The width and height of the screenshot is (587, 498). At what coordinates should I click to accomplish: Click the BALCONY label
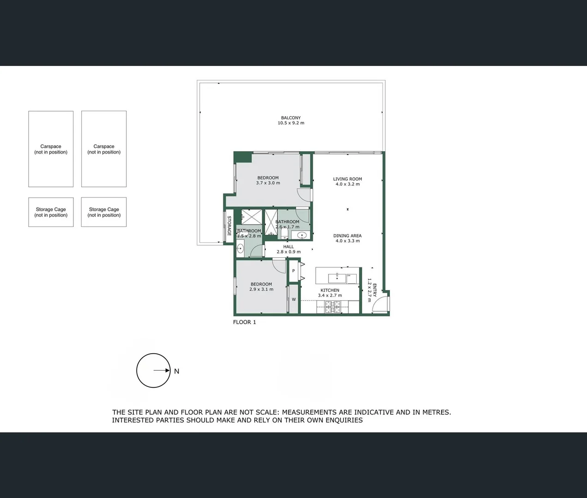click(x=291, y=118)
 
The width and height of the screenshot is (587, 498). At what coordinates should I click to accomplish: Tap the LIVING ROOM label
click(x=347, y=179)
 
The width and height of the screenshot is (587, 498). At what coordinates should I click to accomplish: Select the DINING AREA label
click(x=347, y=236)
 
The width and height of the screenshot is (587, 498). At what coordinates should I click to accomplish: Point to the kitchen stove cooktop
click(x=333, y=307)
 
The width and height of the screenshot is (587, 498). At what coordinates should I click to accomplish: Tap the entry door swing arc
click(x=379, y=304)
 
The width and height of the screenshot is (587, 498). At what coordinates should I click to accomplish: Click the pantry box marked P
click(x=293, y=271)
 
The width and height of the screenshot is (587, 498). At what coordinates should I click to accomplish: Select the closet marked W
click(x=293, y=300)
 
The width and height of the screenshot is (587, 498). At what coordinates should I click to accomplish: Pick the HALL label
click(x=288, y=247)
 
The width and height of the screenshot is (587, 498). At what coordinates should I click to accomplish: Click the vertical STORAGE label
click(x=229, y=226)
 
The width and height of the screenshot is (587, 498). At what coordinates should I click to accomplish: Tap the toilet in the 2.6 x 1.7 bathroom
click(x=284, y=234)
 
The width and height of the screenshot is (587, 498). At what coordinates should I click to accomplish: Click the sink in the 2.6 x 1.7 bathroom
click(x=301, y=236)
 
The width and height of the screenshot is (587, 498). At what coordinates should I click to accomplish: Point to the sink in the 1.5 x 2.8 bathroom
click(x=240, y=249)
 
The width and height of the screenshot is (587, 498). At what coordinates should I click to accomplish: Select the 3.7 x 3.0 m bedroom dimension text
click(x=268, y=183)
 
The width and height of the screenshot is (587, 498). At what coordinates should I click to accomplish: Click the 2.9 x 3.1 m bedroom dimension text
click(x=261, y=290)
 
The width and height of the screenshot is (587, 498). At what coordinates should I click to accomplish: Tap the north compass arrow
click(x=162, y=370)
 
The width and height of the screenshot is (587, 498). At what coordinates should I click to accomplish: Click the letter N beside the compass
click(x=177, y=371)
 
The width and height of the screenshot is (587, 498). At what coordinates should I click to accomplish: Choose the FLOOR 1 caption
click(x=244, y=322)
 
